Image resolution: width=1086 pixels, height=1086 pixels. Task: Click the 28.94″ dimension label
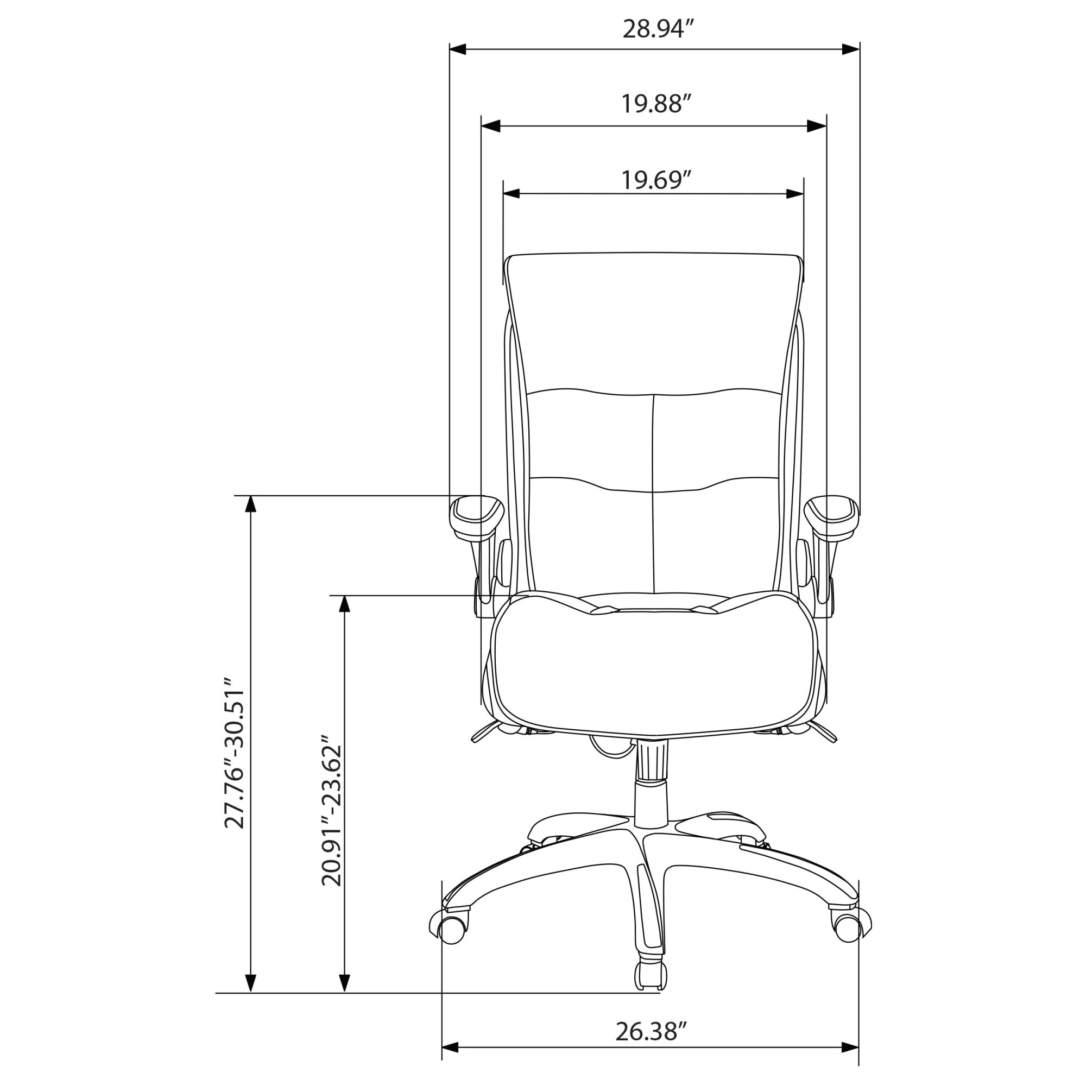tap(655, 29)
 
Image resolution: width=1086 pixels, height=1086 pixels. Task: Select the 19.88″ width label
tap(655, 104)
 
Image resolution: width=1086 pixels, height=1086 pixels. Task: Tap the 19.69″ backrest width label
tap(655, 180)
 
